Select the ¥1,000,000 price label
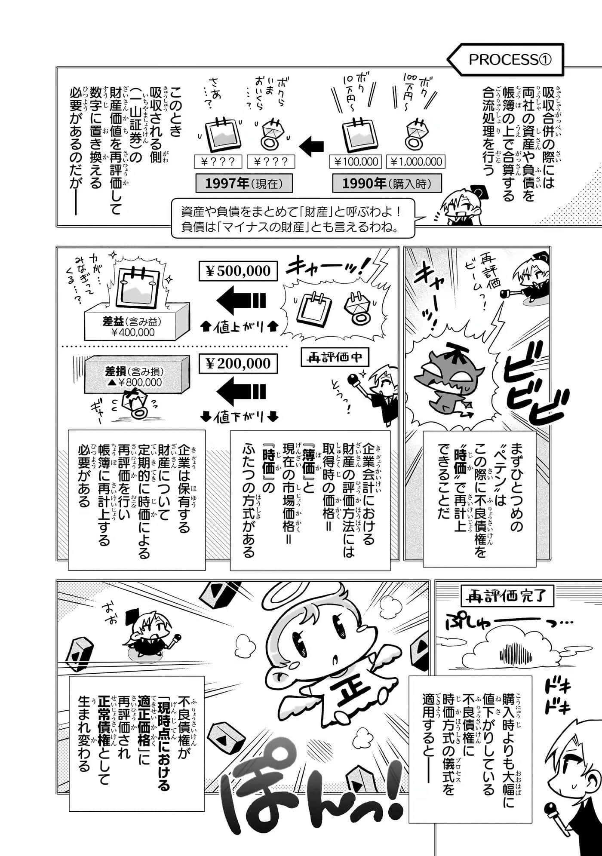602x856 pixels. tap(416, 162)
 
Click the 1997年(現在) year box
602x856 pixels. tap(244, 184)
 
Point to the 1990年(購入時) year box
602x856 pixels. tap(387, 184)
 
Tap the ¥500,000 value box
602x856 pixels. tap(238, 271)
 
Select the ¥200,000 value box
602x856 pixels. tap(238, 364)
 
